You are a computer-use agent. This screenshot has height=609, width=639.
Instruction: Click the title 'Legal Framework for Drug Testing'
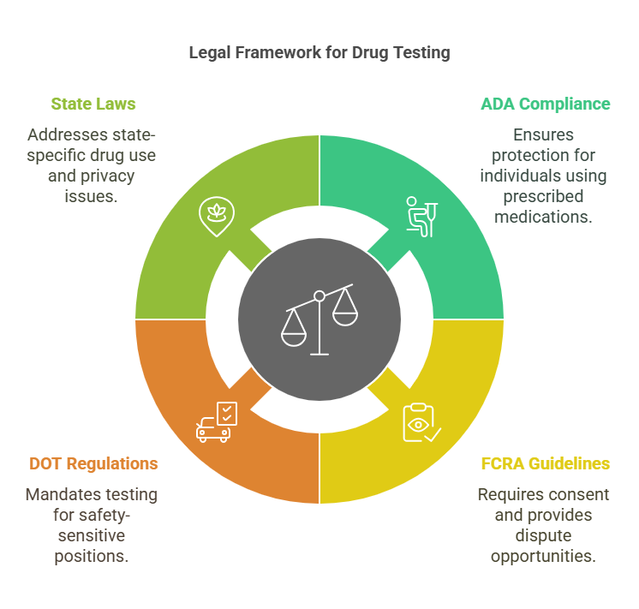pos(319,53)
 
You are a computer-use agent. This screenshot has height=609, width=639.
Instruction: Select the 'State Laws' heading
pos(93,104)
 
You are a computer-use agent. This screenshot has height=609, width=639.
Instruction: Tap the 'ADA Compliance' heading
pos(546,104)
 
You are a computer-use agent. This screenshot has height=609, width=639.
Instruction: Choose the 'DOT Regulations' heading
pos(93,463)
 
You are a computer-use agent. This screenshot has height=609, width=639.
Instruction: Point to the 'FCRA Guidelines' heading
pos(545,463)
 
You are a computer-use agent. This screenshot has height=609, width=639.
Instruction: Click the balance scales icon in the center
pos(319,320)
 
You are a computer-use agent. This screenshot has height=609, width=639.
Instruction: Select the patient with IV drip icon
pos(421,216)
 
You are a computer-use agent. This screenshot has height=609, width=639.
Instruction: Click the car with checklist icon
pos(216,421)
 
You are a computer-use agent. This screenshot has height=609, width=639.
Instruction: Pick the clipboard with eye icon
pos(421,421)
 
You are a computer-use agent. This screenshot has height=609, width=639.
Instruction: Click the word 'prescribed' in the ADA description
pos(543,196)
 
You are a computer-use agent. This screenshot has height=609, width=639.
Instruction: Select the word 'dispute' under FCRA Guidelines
pos(543,535)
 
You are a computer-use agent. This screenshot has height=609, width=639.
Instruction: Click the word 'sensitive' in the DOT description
pos(93,535)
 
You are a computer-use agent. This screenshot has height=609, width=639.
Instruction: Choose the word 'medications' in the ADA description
pos(543,217)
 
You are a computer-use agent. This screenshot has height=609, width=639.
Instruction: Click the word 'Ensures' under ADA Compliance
pos(543,134)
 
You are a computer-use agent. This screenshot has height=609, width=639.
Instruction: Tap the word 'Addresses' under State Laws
pos(64,134)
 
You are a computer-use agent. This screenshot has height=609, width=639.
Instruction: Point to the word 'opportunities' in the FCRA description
pos(543,556)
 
